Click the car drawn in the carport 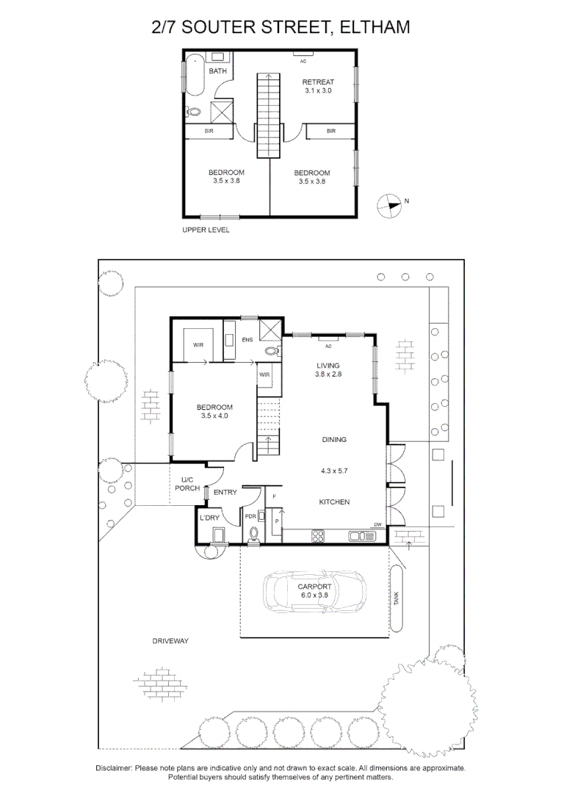click(314, 591)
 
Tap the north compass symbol click(388, 206)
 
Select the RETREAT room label click(318, 82)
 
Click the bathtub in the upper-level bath click(194, 76)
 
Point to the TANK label click(397, 598)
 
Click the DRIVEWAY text click(170, 641)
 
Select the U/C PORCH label click(187, 484)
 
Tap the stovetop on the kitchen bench click(317, 536)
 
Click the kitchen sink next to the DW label click(362, 536)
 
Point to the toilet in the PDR click(253, 535)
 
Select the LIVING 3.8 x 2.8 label click(328, 369)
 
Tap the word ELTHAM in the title click(374, 27)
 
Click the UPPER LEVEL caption click(206, 230)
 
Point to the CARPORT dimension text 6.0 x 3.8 click(315, 595)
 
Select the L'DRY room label click(209, 518)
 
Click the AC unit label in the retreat click(303, 61)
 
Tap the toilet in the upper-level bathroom click(192, 112)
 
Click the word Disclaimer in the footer click(114, 768)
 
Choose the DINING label click(334, 440)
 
